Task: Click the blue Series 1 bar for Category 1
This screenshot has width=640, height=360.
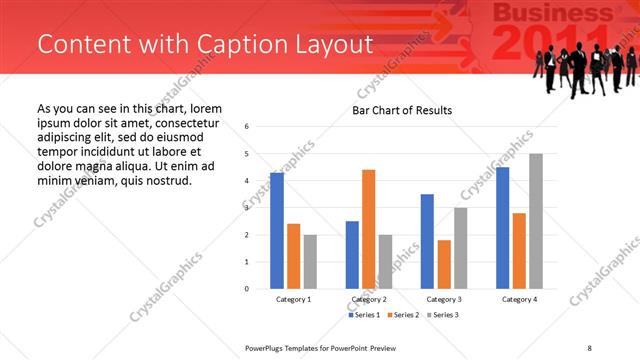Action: [x=277, y=231]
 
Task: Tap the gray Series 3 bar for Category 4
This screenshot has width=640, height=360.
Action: [x=536, y=221]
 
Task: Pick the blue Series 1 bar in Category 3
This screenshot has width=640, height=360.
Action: [x=427, y=241]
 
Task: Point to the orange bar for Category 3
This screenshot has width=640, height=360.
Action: [x=444, y=264]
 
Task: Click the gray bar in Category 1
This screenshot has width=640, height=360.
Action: [x=310, y=261]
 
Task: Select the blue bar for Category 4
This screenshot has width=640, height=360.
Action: [x=502, y=228]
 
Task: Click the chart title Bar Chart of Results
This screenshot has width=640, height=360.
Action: [x=401, y=110]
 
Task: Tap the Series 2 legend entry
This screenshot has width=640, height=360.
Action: [x=403, y=315]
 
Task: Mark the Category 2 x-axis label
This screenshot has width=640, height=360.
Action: [x=369, y=299]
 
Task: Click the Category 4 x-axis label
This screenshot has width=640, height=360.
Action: [x=519, y=299]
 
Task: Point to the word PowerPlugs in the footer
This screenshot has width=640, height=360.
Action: [x=269, y=347]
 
